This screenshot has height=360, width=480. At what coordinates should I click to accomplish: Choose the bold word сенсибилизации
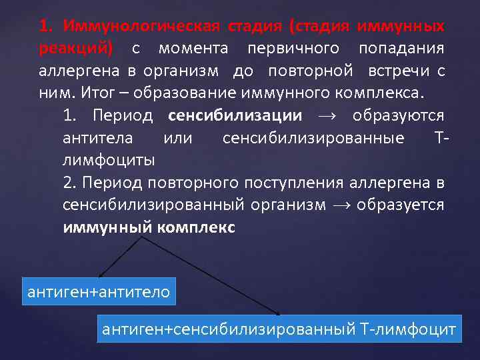(x=244, y=115)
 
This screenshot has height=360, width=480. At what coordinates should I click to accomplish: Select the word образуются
(x=407, y=115)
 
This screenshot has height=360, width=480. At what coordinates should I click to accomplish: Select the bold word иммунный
(x=107, y=227)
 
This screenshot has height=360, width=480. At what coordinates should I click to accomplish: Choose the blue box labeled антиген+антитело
(x=97, y=291)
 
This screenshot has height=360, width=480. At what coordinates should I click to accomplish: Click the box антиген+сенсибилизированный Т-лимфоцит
(x=279, y=329)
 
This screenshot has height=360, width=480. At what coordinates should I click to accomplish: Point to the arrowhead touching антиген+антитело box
(x=100, y=275)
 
